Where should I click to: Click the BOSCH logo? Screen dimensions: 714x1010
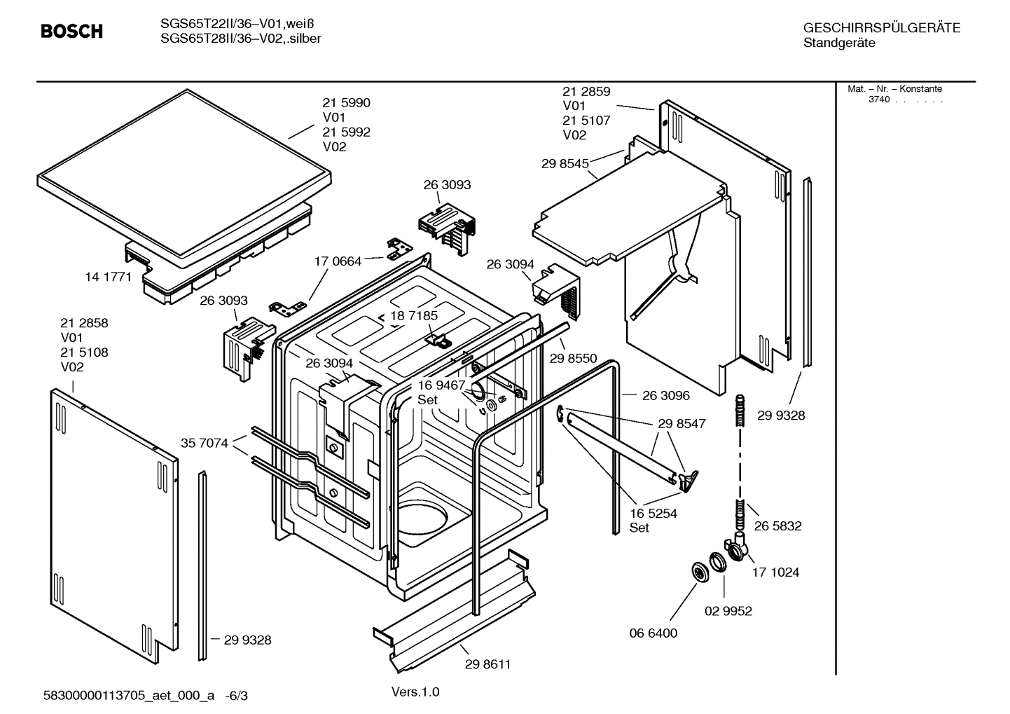pos(71,32)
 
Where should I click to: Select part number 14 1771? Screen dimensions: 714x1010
pos(108,277)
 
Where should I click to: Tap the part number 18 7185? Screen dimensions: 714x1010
pos(414,316)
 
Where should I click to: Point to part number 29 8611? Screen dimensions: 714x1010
pos(487,664)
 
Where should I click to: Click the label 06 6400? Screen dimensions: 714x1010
pos(653,633)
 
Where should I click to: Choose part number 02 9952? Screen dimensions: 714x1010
pos(728,611)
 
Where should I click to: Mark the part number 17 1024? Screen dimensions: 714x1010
pos(775,572)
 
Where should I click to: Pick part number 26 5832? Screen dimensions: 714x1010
pos(777,526)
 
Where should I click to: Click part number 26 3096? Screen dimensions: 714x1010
pos(665,396)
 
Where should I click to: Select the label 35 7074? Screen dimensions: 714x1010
pos(205,443)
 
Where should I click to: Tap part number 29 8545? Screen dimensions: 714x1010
pos(565,164)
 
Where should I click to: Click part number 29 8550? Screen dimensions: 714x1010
pos(573,359)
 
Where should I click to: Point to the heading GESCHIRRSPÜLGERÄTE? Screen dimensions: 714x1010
pos(881,28)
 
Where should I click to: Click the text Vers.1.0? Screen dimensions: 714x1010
pos(415,692)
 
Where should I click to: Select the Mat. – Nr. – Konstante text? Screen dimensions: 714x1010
pos(894,89)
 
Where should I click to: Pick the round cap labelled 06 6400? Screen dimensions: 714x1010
pos(699,571)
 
